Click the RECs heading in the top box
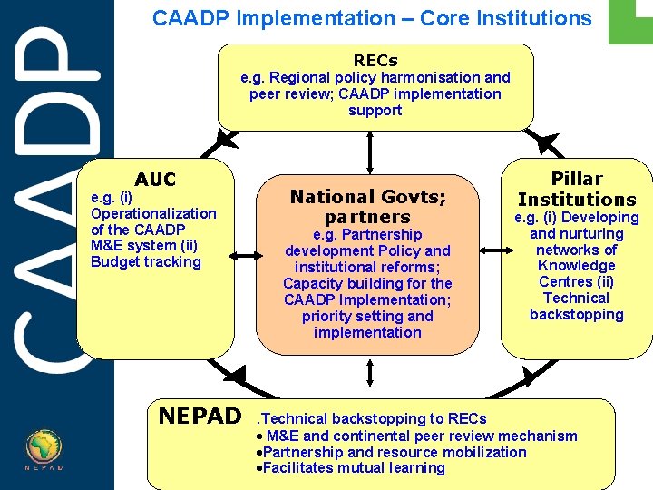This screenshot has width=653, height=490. click(375, 60)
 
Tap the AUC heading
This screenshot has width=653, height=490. click(155, 180)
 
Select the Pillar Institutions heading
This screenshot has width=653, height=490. click(577, 189)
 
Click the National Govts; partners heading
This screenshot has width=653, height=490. click(367, 206)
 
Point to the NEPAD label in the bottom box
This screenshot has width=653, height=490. click(200, 416)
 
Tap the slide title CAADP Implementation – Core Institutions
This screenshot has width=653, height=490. click(372, 18)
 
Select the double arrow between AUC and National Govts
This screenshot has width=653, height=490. click(244, 257)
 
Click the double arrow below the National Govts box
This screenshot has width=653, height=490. click(371, 374)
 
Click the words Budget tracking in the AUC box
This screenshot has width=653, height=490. click(146, 262)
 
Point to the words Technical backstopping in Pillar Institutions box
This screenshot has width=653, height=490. click(577, 306)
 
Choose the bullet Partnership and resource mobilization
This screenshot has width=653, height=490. click(394, 452)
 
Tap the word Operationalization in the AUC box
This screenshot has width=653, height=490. click(153, 213)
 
